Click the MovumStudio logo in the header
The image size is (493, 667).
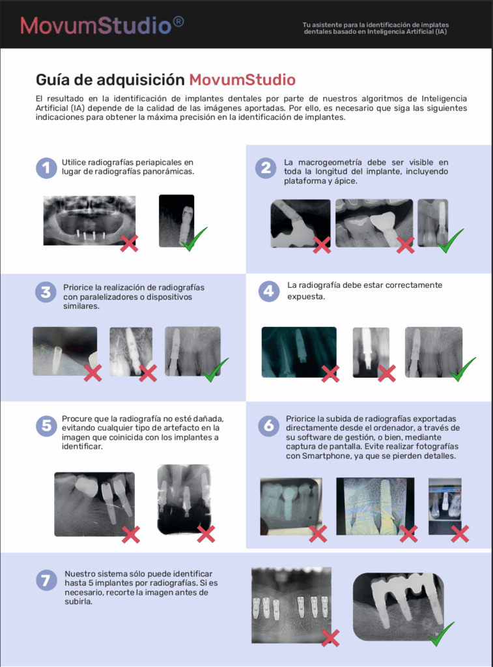(x=102, y=25)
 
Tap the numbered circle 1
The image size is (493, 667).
(x=46, y=168)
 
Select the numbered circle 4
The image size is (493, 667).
(x=269, y=291)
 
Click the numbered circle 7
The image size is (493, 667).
(x=46, y=580)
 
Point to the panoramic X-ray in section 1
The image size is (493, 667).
(x=89, y=220)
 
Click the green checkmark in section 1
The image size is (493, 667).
(x=194, y=239)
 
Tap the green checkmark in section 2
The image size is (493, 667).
(x=451, y=241)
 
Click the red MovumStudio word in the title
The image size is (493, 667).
(x=242, y=80)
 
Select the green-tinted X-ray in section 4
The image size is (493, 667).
(x=299, y=352)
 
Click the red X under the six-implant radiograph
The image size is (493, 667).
(x=330, y=638)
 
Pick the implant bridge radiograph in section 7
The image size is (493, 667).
(x=399, y=606)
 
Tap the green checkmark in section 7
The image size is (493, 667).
(x=442, y=634)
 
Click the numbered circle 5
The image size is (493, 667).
(x=46, y=425)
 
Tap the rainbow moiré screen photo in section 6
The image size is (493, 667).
(x=375, y=506)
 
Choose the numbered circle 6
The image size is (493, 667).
(x=269, y=425)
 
